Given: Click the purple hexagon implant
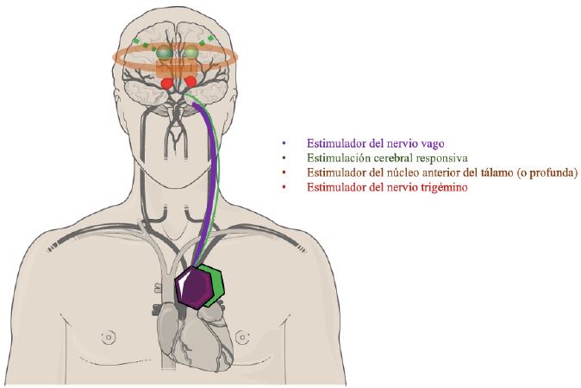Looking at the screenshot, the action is [195, 288].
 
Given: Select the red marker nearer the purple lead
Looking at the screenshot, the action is [190, 81].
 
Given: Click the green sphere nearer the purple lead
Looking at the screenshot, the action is [191, 53].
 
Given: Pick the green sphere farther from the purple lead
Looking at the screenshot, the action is [162, 53].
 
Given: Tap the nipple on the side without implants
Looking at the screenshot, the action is [108, 334].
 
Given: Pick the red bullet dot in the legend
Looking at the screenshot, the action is [284, 188].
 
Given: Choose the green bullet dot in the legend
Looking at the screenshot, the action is [284, 159].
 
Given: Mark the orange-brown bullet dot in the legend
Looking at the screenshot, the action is [284, 173].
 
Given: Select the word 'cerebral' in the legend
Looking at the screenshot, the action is [388, 159].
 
